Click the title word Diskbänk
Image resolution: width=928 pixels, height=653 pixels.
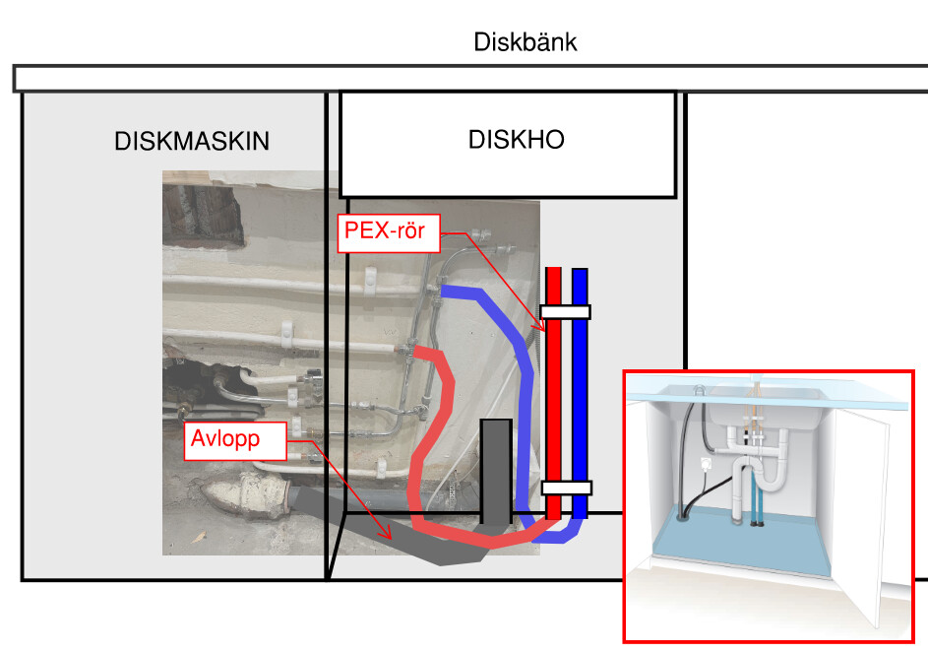click(525, 42)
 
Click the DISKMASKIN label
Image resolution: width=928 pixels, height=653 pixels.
click(192, 141)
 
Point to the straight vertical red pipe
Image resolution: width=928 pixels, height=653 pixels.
click(553, 394)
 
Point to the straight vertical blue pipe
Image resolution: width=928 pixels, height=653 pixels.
click(581, 394)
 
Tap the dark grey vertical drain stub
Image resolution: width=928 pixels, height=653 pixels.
click(496, 471)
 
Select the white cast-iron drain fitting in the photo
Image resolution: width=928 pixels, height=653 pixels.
click(246, 496)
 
